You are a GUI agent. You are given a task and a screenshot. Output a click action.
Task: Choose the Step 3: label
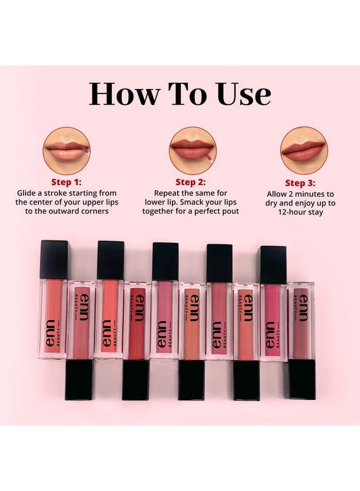(x=301, y=183)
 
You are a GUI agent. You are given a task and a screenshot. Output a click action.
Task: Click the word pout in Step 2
(x=230, y=211)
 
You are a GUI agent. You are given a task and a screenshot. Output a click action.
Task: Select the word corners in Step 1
(x=91, y=211)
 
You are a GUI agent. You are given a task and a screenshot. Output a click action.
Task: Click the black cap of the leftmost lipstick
(x=53, y=260)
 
